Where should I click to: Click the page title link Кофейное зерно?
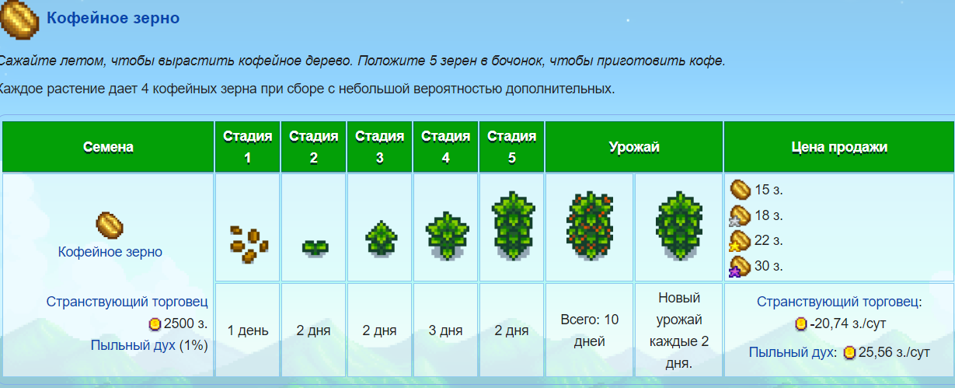113,18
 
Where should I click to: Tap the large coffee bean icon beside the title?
19,20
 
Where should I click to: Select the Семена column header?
108,147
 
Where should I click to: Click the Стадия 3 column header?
379,147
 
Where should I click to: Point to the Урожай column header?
634,147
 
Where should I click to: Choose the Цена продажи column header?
839,147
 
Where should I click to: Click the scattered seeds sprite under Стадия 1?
249,243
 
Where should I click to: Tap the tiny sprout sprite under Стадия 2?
315,247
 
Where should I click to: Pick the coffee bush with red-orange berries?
590,225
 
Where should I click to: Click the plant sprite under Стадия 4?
447,236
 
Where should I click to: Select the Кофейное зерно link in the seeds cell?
110,252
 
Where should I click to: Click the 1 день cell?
248,330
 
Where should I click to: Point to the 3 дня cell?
445,330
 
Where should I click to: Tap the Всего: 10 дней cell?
590,330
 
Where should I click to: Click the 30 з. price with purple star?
769,266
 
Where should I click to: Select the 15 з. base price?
769,190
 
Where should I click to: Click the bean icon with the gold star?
740,241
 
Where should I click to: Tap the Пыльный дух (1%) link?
149,345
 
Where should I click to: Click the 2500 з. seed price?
186,323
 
